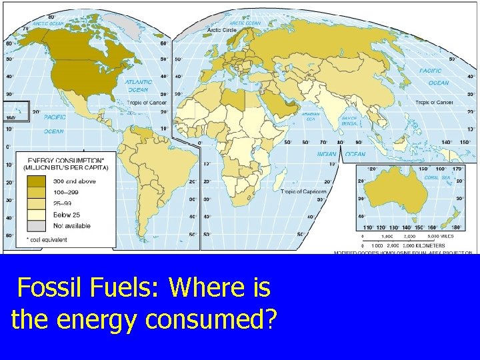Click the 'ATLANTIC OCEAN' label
click(x=137, y=85)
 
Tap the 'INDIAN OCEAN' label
click(x=346, y=154)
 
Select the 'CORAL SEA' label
click(x=437, y=177)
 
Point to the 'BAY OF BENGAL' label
click(x=350, y=121)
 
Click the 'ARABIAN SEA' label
click(x=311, y=115)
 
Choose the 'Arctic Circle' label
click(x=223, y=30)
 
